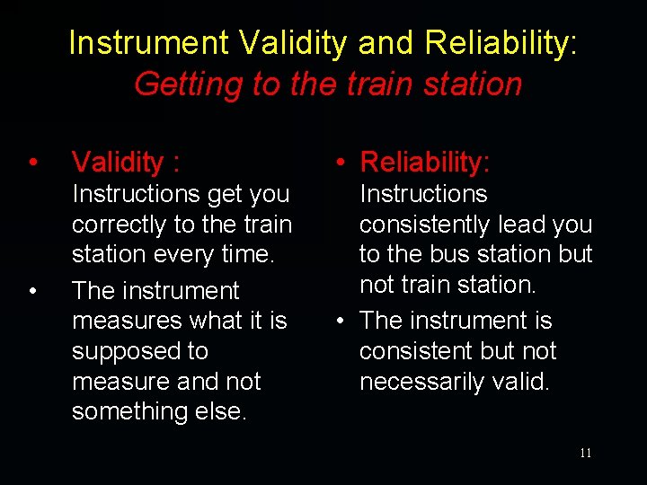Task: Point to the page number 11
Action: click(585, 453)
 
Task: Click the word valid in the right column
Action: click(518, 382)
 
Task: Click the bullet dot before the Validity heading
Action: click(32, 163)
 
